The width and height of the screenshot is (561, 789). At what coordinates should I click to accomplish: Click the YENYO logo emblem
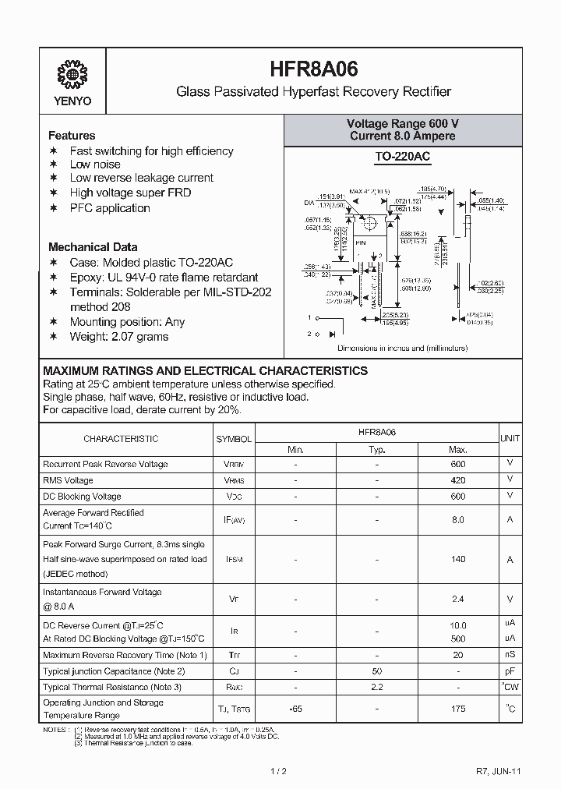point(73,75)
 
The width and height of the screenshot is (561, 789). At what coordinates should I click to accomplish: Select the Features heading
point(72,135)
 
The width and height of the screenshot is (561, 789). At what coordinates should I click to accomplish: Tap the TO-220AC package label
point(402,157)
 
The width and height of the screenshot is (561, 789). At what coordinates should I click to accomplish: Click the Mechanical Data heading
point(93,246)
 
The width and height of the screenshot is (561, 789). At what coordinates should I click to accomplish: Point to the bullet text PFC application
point(110,207)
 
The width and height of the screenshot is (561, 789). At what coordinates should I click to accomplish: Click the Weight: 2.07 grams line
point(118,336)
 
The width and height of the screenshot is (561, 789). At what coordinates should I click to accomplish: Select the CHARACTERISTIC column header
point(121,439)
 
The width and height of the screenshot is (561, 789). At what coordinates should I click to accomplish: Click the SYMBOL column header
point(234,439)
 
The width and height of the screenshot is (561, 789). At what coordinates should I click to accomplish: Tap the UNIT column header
point(510,439)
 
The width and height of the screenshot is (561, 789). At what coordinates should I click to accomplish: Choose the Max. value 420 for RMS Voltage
point(458,480)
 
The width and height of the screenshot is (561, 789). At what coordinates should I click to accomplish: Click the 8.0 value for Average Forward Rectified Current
point(458,519)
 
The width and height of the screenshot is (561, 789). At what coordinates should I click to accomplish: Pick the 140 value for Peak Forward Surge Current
point(458,559)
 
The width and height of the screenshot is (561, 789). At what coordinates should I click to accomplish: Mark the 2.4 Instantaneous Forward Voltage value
point(458,599)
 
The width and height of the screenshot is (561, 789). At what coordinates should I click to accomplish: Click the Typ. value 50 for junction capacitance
point(376,670)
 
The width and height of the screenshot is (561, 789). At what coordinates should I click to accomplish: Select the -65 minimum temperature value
point(295,709)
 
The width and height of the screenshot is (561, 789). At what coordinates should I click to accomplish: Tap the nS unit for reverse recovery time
point(510,654)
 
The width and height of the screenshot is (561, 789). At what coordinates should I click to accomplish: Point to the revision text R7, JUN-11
point(498,771)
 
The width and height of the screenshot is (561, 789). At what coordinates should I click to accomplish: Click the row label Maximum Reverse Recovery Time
point(125,655)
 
